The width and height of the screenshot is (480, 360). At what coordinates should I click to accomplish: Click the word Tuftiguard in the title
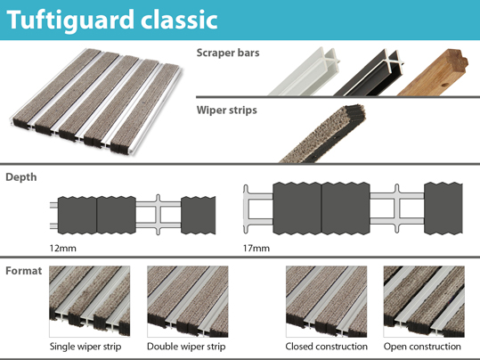[70, 20]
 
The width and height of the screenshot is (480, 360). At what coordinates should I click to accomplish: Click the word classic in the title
[179, 20]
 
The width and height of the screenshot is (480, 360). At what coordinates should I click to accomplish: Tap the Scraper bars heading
[228, 53]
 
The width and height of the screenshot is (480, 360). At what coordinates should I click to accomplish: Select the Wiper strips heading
[227, 110]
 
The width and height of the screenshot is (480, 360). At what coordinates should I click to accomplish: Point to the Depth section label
[21, 177]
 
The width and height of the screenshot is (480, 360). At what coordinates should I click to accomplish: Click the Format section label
[24, 271]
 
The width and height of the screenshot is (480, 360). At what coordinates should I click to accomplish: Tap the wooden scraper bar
[432, 73]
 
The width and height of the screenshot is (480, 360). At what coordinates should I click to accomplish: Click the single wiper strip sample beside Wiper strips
[323, 135]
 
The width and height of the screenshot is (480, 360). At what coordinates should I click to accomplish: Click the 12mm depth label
[62, 248]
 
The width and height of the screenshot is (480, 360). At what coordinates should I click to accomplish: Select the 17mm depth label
[256, 248]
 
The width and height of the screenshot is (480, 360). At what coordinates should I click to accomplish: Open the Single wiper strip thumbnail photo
[90, 301]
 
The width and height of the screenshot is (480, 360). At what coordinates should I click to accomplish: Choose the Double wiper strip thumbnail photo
[188, 301]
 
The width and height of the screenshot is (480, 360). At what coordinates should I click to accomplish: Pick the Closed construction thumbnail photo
[326, 301]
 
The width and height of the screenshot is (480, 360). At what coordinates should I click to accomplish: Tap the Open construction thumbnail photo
[424, 301]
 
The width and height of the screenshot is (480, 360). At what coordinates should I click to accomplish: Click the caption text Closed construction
[326, 347]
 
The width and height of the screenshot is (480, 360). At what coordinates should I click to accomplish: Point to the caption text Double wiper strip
[186, 347]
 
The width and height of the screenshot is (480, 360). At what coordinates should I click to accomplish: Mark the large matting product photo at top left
[96, 102]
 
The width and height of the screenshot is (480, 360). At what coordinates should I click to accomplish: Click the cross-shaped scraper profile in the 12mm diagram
[158, 215]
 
